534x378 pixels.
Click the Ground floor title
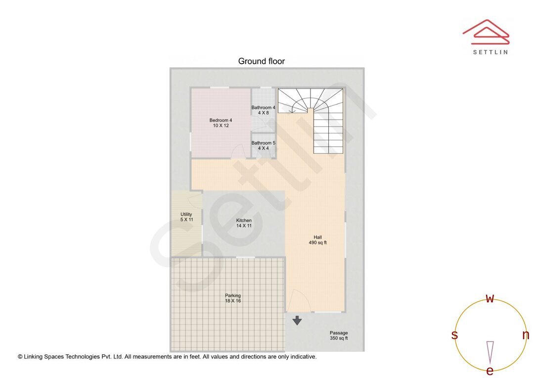[261, 61]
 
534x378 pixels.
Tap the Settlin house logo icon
[486, 32]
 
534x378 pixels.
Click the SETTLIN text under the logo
[490, 52]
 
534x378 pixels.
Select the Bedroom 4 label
[221, 123]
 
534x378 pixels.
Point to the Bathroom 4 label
[263, 110]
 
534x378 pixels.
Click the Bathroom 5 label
[263, 145]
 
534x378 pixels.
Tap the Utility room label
[186, 217]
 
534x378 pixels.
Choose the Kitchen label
[244, 223]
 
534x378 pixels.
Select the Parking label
[233, 298]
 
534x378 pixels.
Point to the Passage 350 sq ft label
[339, 335]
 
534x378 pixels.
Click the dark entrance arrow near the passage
[297, 321]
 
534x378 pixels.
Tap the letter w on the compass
[490, 298]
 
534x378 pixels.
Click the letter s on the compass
[454, 335]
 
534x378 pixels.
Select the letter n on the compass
[526, 335]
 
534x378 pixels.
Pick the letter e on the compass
[490, 371]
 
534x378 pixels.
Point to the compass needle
[490, 352]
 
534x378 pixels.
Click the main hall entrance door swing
[298, 301]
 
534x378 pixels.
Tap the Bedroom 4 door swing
[239, 151]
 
